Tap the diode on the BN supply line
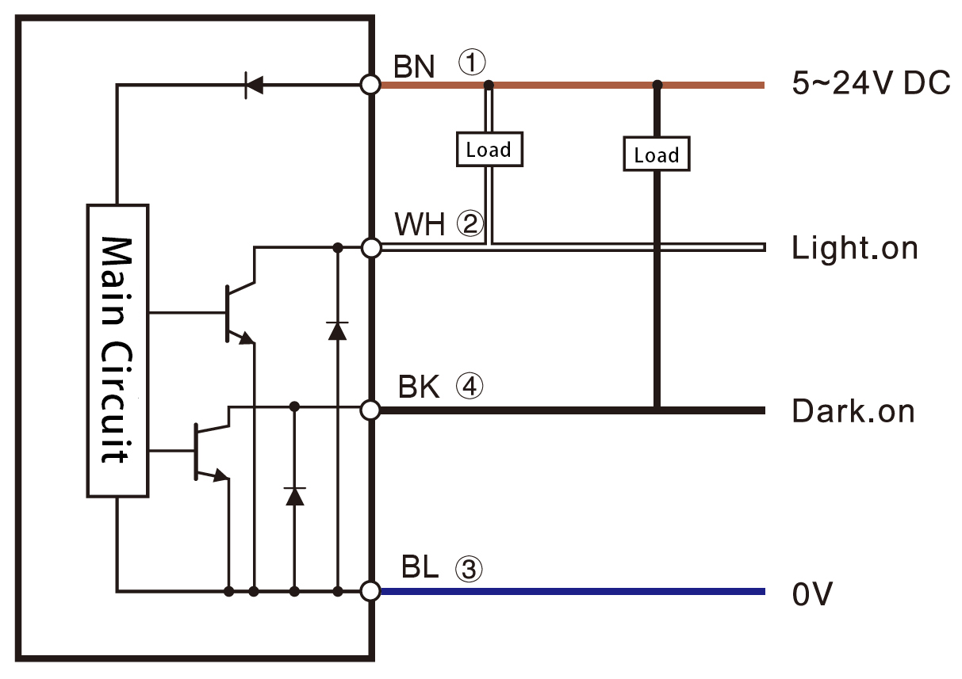click(254, 85)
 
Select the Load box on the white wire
click(489, 149)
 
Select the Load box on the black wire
click(656, 154)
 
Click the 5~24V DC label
click(870, 83)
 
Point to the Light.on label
click(854, 249)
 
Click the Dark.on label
click(853, 411)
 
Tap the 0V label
click(812, 593)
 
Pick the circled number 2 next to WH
click(470, 225)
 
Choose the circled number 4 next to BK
click(469, 387)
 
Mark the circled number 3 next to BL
click(468, 568)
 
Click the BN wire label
click(415, 67)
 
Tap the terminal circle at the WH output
click(370, 249)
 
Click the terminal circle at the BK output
click(370, 410)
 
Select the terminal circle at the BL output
click(370, 591)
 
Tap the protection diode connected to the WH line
click(337, 330)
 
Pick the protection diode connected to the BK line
click(294, 496)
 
